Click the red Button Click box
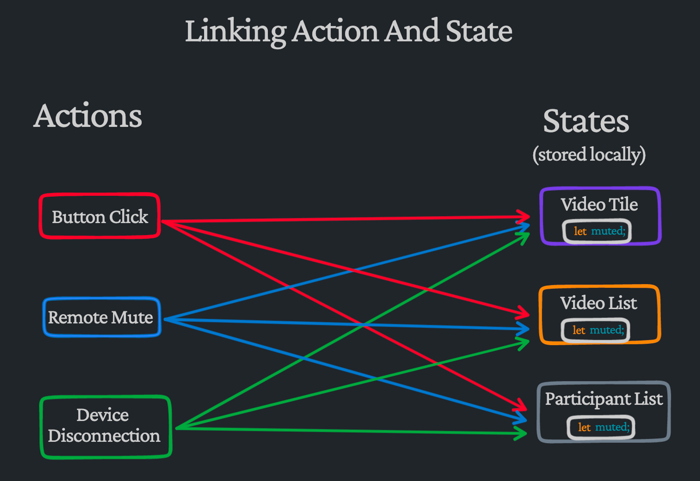coord(100,216)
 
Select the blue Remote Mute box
coord(101,317)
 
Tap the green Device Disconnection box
coord(105,426)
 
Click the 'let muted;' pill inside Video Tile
coord(597,231)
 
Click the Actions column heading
coord(87,116)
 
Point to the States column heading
coord(586,121)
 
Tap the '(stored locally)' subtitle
coord(589,154)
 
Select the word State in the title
coord(478,32)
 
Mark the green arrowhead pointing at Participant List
coord(521,433)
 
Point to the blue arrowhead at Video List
coord(524,329)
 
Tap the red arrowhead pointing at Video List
coord(523,313)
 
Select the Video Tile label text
coord(599,204)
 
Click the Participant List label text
coord(604,399)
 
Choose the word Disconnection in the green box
coord(104,436)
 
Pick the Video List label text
coord(598,303)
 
